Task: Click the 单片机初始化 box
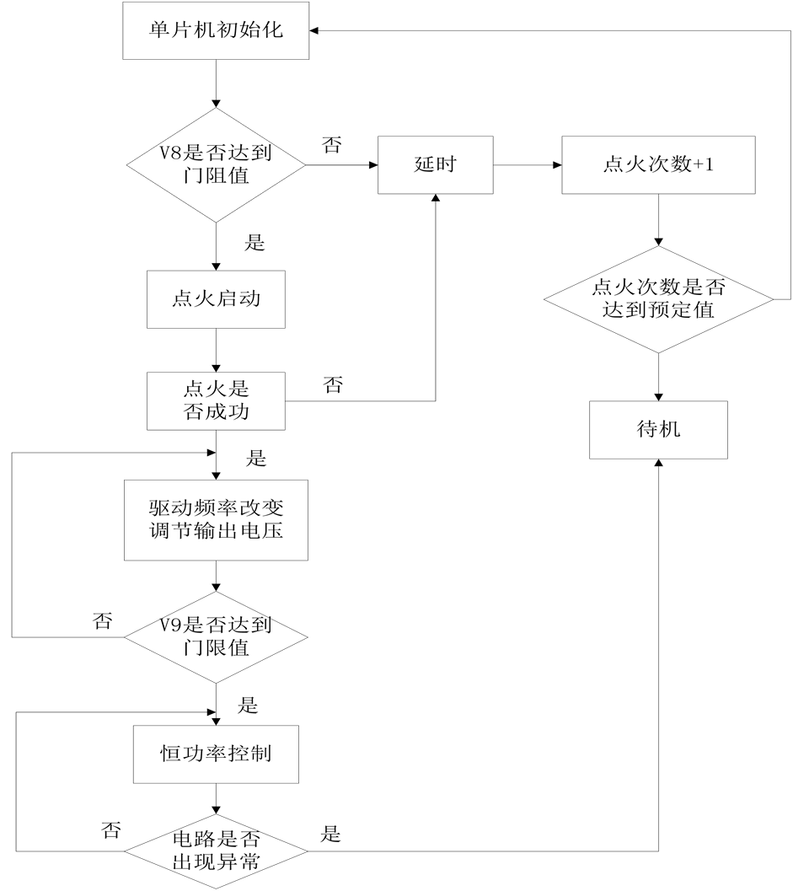(x=216, y=31)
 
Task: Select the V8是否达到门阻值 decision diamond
(x=216, y=164)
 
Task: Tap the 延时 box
(x=435, y=164)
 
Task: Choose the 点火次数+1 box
(x=658, y=164)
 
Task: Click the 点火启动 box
(x=216, y=299)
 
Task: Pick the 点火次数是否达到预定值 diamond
(x=658, y=299)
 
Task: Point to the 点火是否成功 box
(x=216, y=401)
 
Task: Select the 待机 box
(x=658, y=429)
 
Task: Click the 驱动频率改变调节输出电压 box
(x=216, y=520)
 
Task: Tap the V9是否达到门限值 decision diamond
(x=216, y=636)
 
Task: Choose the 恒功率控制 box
(x=216, y=753)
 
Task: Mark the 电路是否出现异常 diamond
(x=216, y=851)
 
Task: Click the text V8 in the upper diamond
(x=172, y=153)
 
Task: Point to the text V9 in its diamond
(x=172, y=625)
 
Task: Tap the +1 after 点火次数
(x=704, y=164)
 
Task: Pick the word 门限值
(x=216, y=648)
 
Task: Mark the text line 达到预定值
(x=658, y=310)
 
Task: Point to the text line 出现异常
(x=216, y=862)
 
